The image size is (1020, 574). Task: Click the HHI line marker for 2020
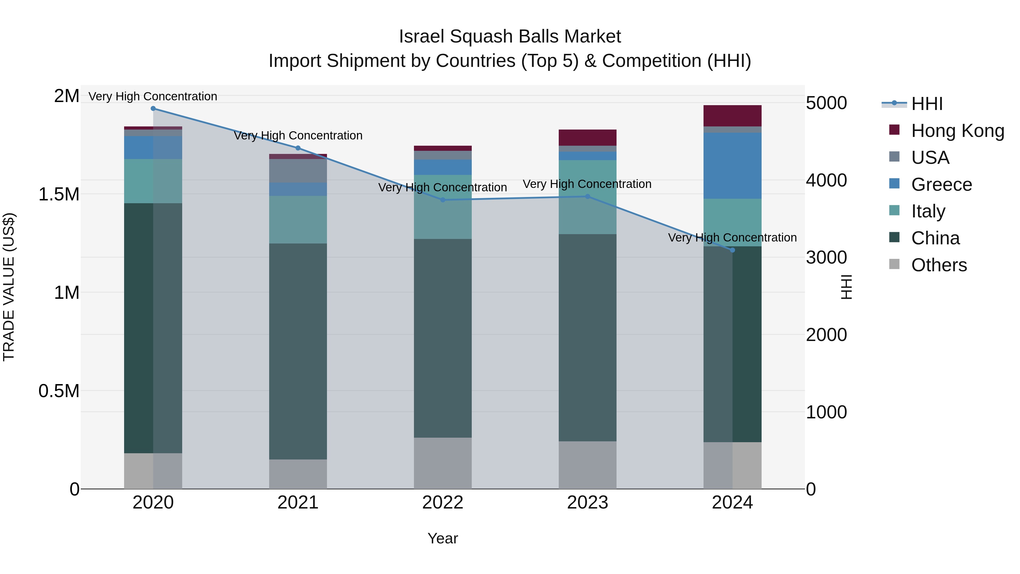(x=153, y=109)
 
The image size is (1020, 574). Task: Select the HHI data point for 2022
(x=443, y=200)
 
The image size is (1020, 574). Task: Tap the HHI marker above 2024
(x=732, y=250)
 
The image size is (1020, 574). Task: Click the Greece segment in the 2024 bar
(x=732, y=166)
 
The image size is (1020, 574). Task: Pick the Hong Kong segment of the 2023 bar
(x=587, y=137)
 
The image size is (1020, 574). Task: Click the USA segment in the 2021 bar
(x=298, y=171)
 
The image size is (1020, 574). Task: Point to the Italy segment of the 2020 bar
(x=153, y=181)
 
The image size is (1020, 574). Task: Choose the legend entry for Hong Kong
(x=957, y=131)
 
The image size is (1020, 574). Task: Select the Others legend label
(x=939, y=265)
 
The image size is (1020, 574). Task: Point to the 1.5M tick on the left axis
(x=59, y=194)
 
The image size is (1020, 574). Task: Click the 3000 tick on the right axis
(x=826, y=257)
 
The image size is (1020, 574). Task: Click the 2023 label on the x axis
(x=587, y=503)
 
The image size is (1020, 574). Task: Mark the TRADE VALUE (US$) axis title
(x=9, y=287)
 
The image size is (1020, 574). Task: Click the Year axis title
(x=442, y=538)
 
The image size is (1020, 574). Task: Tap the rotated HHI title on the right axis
(x=846, y=287)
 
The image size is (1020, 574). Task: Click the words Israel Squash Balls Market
(x=510, y=37)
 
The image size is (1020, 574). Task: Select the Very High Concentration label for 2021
(x=298, y=135)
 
